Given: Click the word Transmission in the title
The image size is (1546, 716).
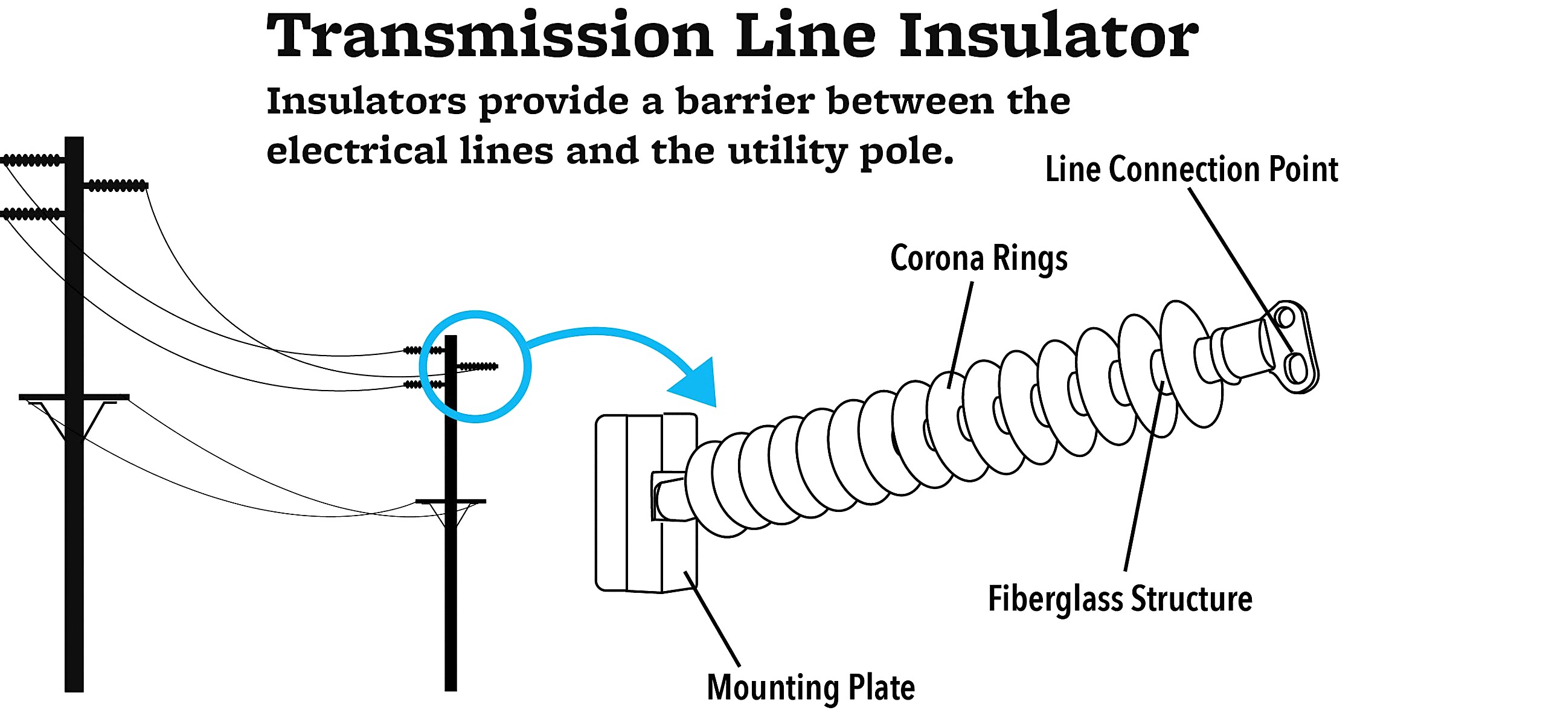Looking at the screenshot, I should (489, 36).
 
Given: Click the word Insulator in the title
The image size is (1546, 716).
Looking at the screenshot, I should (1048, 36).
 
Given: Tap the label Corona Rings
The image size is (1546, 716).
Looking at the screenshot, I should (978, 258).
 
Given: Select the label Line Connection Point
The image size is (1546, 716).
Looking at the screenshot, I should (1191, 169).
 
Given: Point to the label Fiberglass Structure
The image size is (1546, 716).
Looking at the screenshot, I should (1120, 599).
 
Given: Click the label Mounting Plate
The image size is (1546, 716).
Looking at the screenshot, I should (810, 688).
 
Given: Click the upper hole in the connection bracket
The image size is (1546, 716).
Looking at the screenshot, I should (1286, 316).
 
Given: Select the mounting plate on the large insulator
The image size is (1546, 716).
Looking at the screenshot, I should (628, 501).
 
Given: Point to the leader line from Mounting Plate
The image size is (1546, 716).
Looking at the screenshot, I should (713, 619).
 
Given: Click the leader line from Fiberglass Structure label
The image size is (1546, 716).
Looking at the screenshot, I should (1141, 483).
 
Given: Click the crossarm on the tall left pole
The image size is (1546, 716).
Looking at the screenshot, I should (74, 397).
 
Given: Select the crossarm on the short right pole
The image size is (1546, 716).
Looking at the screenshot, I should (451, 501).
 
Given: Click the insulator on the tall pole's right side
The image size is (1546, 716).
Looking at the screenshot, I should (117, 185).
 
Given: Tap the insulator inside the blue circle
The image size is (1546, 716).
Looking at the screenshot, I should (478, 366).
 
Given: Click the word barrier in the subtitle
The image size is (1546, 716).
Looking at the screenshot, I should (745, 101).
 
